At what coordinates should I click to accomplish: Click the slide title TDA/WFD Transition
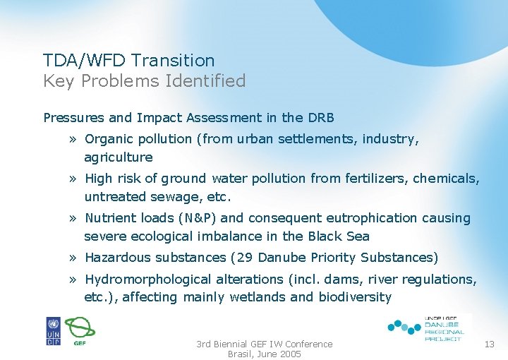tap(128, 61)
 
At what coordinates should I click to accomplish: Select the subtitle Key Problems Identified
tap(144, 81)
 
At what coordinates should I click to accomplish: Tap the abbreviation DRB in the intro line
tap(320, 118)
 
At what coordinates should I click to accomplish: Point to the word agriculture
tap(118, 157)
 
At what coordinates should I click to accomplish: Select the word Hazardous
tap(116, 258)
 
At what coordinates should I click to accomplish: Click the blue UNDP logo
tap(54, 330)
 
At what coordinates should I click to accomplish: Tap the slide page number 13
tap(490, 344)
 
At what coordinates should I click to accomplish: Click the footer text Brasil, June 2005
tap(264, 354)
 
